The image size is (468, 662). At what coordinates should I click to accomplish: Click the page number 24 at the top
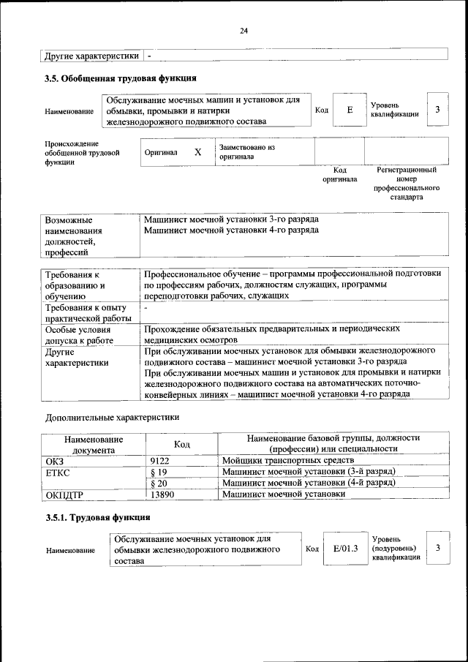click(x=244, y=30)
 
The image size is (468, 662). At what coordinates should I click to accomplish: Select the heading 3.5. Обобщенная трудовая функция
click(x=120, y=78)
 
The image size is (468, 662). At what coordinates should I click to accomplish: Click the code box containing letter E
click(x=350, y=110)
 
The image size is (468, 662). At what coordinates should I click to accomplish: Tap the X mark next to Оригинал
click(x=197, y=152)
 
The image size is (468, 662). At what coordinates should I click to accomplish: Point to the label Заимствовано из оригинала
click(x=246, y=152)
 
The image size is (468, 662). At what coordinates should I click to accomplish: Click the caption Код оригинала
click(x=339, y=174)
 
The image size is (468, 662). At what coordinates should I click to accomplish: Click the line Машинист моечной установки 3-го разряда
click(x=231, y=219)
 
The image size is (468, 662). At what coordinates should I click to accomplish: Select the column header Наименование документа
click(x=93, y=445)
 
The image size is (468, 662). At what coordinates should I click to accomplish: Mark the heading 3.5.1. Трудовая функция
click(x=98, y=517)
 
